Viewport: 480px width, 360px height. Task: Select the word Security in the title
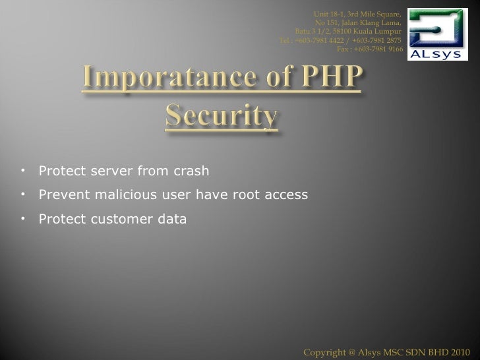[220, 119]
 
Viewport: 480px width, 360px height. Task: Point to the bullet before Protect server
[22, 171]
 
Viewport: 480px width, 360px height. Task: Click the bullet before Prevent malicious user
[22, 195]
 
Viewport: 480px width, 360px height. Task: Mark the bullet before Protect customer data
[22, 218]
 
